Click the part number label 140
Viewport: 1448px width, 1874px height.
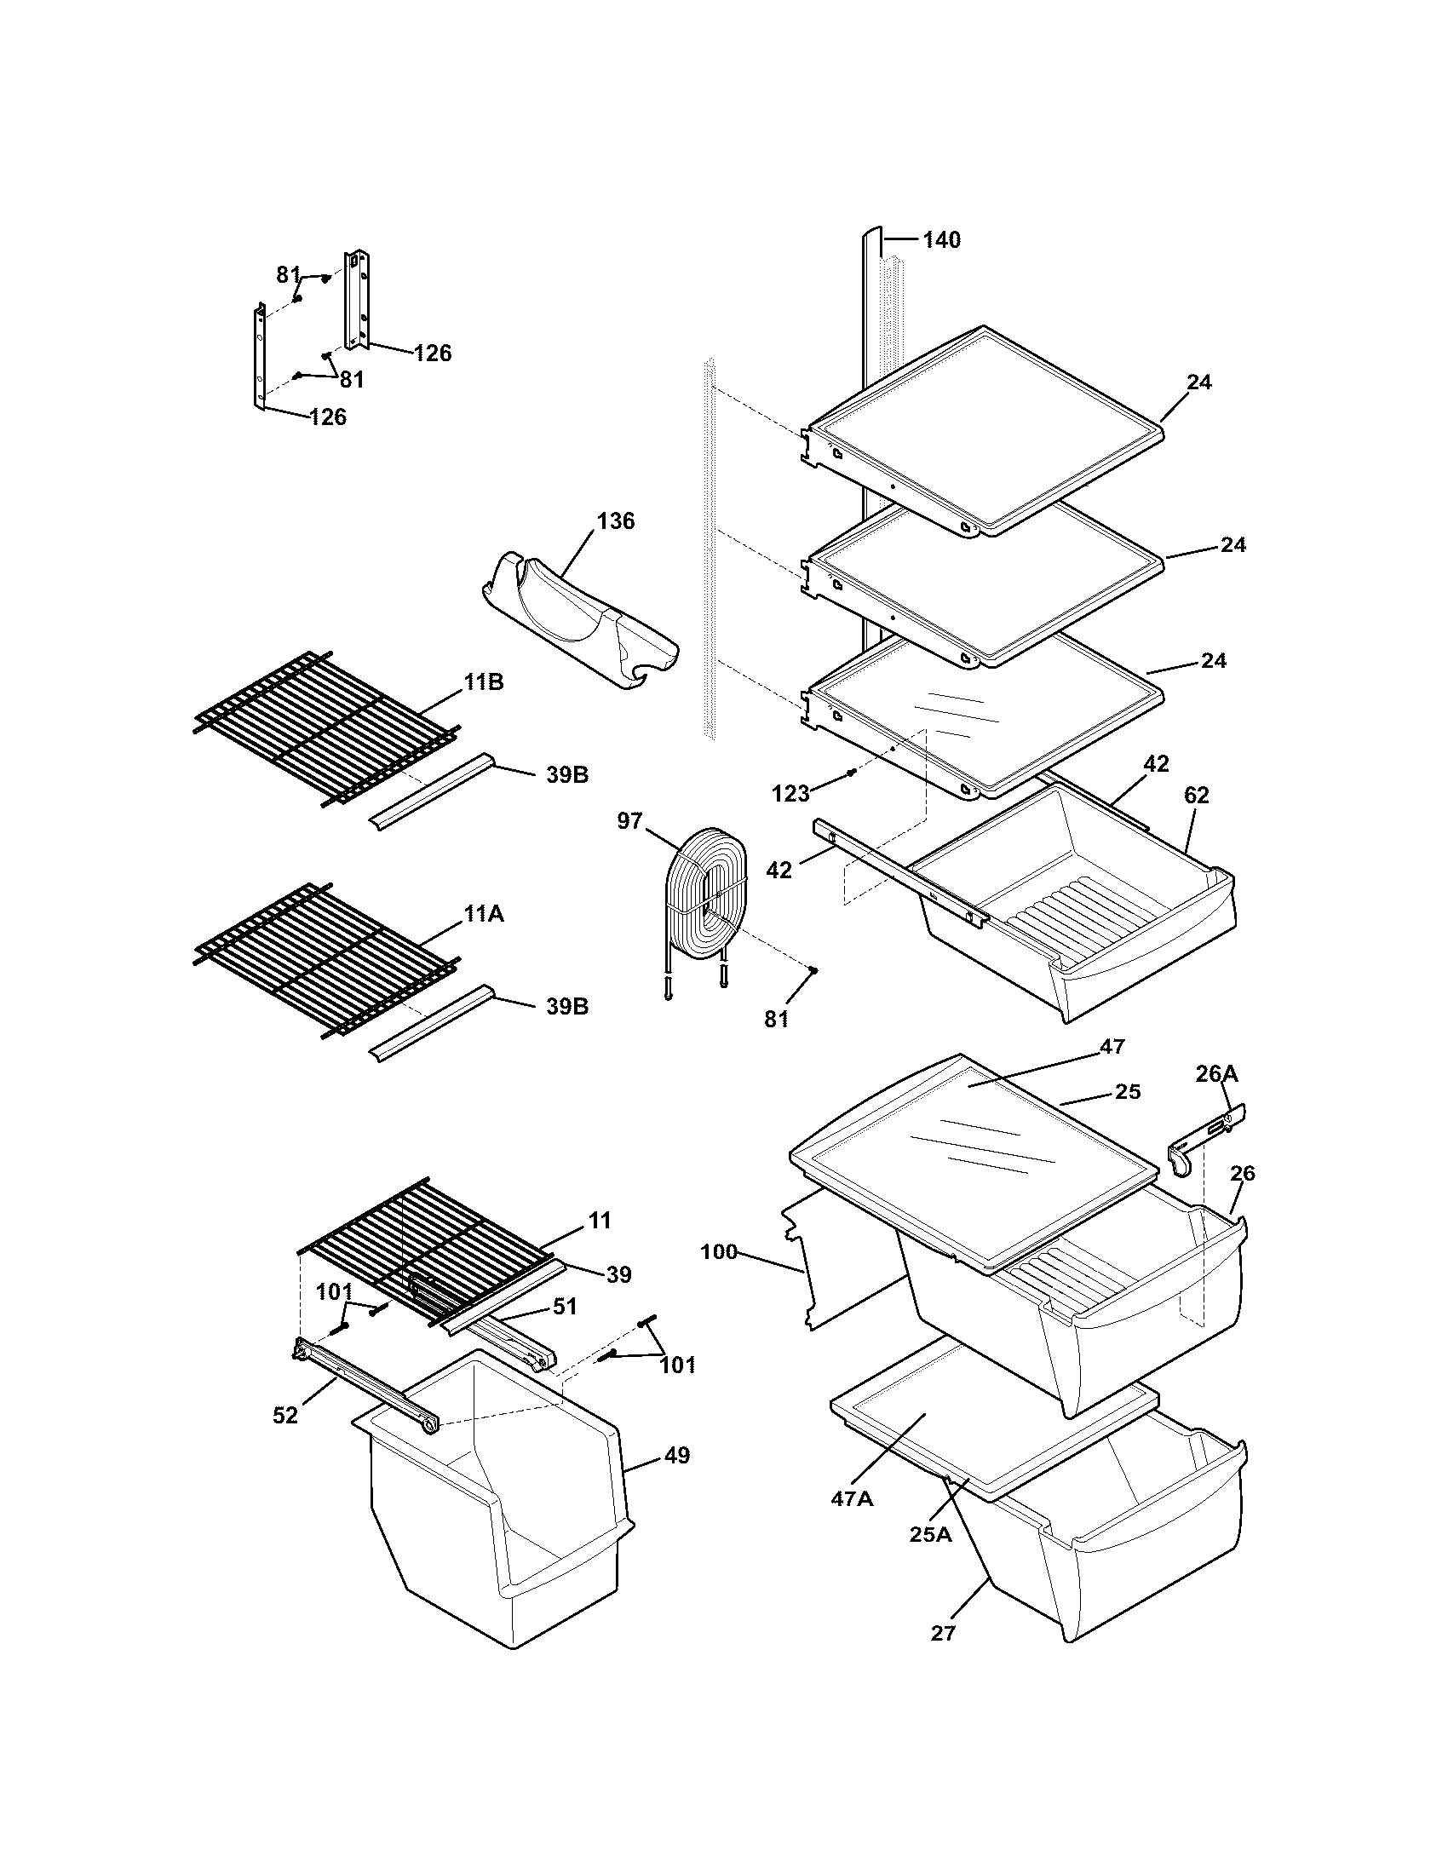pos(941,240)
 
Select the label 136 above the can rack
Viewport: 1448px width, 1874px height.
pos(615,520)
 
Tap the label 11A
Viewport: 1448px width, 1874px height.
pos(484,915)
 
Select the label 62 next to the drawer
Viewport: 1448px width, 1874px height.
pos(1196,796)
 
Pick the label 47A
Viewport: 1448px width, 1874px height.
pos(851,1498)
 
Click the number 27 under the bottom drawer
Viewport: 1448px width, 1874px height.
pos(943,1633)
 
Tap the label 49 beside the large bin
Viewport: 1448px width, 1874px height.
pos(677,1455)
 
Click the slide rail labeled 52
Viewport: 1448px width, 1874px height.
pos(365,1382)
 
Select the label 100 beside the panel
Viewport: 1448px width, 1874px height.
pos(719,1252)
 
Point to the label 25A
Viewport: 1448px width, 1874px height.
pos(931,1535)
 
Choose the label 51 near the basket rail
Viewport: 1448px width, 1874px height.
pos(565,1307)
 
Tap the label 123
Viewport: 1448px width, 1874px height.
pos(790,794)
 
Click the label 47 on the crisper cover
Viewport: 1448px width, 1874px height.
pos(1112,1046)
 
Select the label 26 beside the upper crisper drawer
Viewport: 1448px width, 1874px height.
pos(1242,1173)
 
